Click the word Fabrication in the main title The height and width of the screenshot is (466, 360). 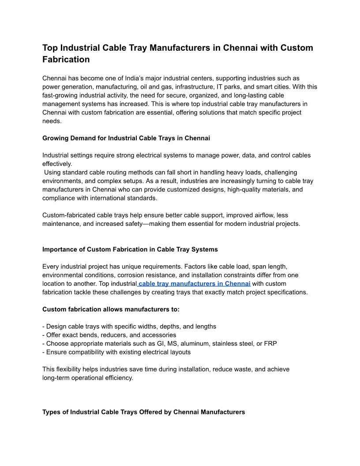point(66,59)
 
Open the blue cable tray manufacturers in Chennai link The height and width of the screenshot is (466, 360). point(195,283)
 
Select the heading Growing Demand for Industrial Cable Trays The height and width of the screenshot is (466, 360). point(126,138)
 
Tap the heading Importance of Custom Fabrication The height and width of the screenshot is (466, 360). point(130,249)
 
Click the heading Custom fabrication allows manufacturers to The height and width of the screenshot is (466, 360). point(111,309)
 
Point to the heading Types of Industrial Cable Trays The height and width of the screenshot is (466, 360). point(143,412)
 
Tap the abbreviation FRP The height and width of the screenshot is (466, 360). point(270,343)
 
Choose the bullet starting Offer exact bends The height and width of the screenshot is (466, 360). point(109,335)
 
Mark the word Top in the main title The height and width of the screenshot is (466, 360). point(50,48)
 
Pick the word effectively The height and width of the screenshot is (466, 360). point(57,164)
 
